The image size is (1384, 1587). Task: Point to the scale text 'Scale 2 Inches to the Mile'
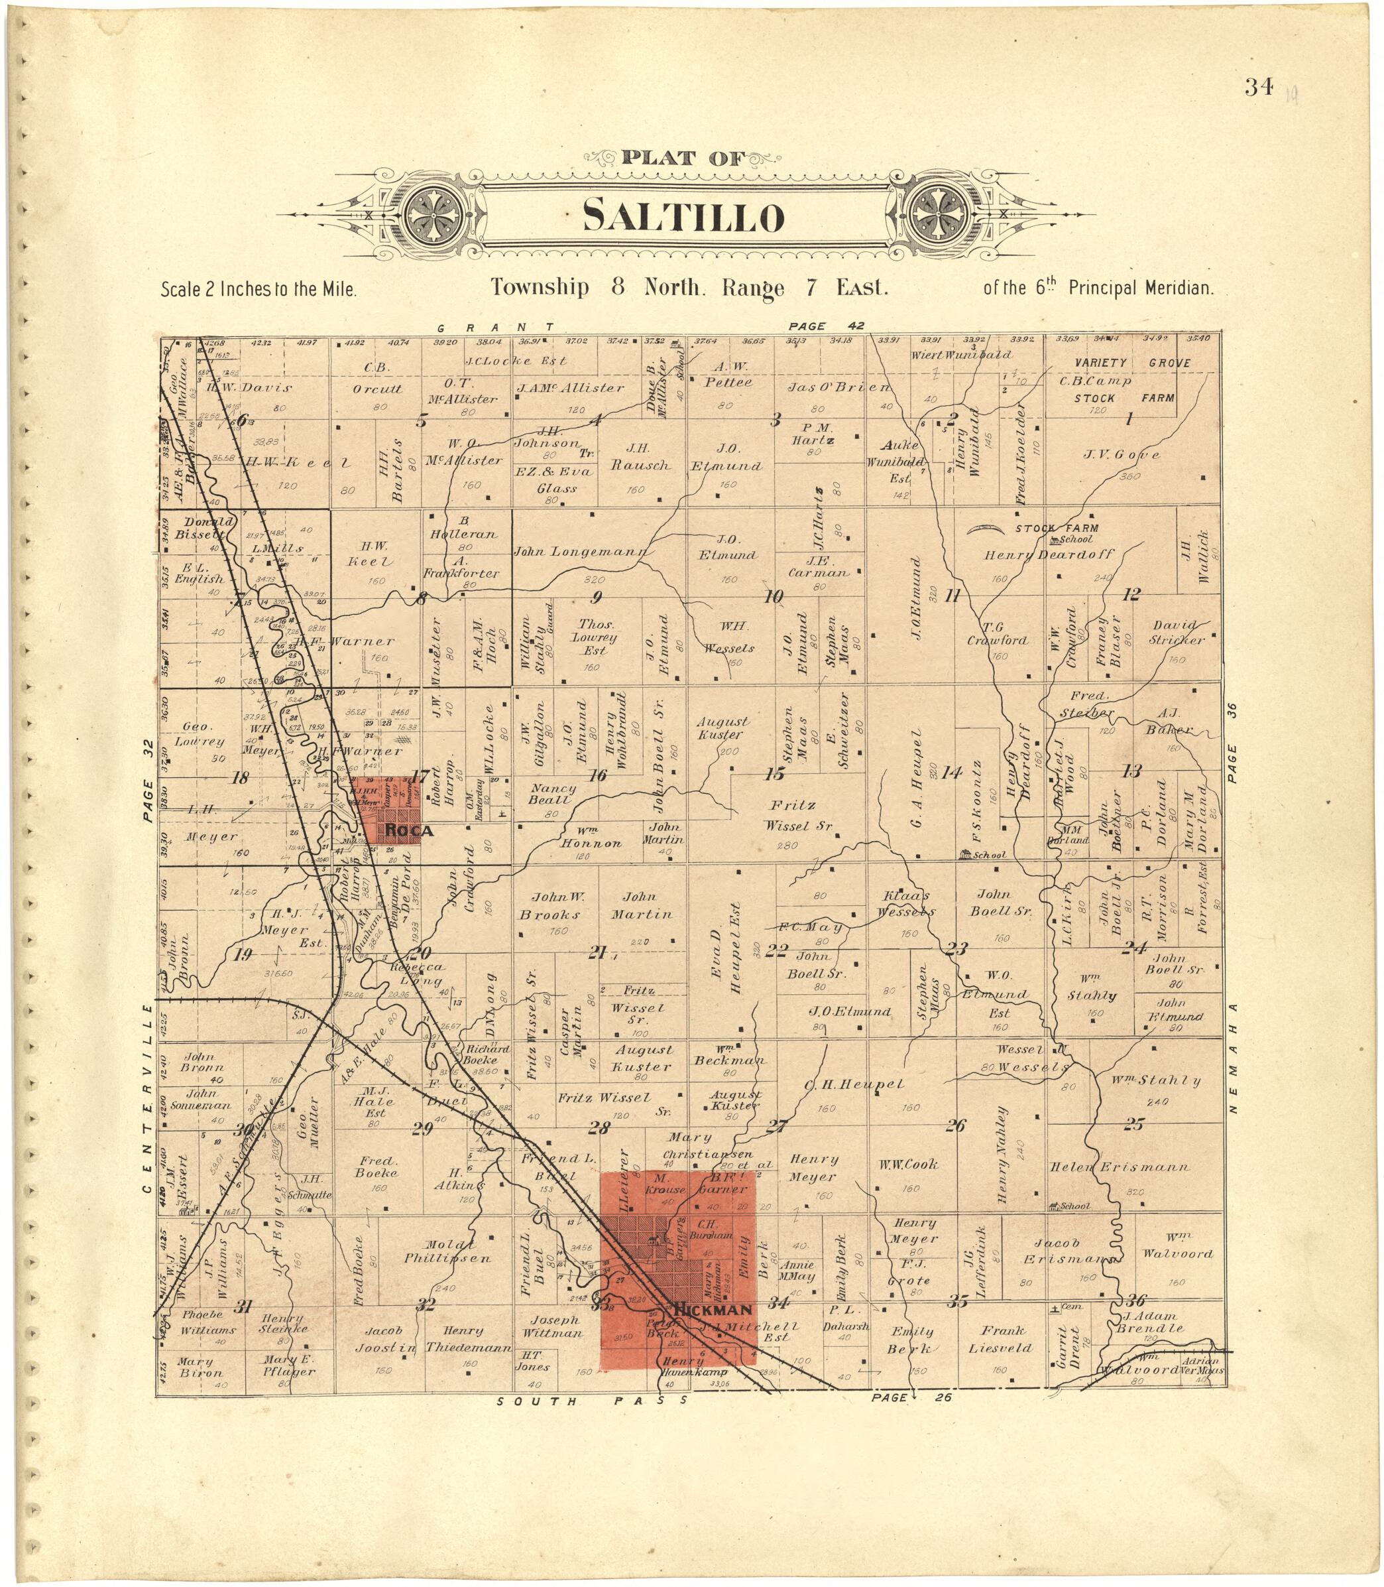coord(258,290)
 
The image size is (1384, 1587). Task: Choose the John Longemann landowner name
coord(581,552)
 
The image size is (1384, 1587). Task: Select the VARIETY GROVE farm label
coord(1133,362)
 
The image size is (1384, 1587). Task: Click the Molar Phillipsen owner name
coord(447,1251)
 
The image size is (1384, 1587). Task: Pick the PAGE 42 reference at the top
coord(826,326)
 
